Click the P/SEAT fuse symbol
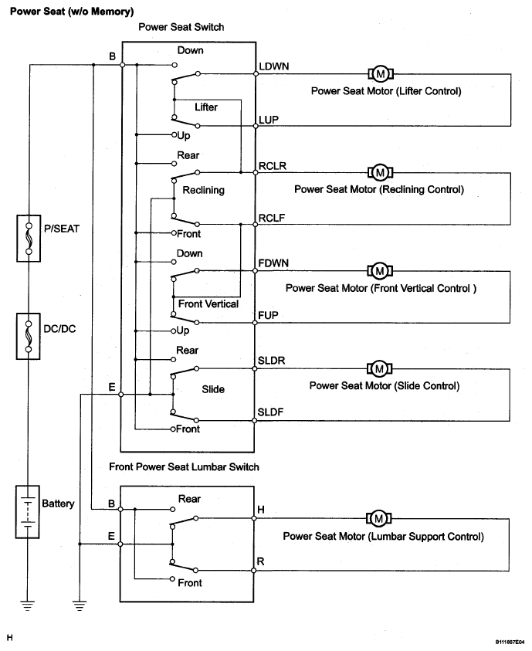pyautogui.click(x=29, y=239)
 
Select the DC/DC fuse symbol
pyautogui.click(x=29, y=336)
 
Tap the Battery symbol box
pyautogui.click(x=27, y=511)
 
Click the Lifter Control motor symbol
pyautogui.click(x=381, y=74)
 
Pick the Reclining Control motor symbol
pyautogui.click(x=380, y=173)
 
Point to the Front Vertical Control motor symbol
pyautogui.click(x=380, y=271)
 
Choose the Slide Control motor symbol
pyautogui.click(x=379, y=368)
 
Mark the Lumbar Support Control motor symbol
pyautogui.click(x=379, y=518)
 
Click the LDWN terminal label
pyautogui.click(x=274, y=66)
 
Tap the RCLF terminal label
pyautogui.click(x=272, y=218)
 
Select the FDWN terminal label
pyautogui.click(x=273, y=263)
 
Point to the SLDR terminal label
pyautogui.click(x=271, y=361)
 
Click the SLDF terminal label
pyautogui.click(x=270, y=412)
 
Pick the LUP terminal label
pyautogui.click(x=269, y=120)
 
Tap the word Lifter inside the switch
pyautogui.click(x=206, y=107)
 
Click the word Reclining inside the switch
pyautogui.click(x=204, y=190)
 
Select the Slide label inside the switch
pyautogui.click(x=213, y=389)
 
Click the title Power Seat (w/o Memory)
pyautogui.click(x=72, y=12)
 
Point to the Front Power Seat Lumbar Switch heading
pyautogui.click(x=184, y=466)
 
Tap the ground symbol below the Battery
pyautogui.click(x=27, y=605)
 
